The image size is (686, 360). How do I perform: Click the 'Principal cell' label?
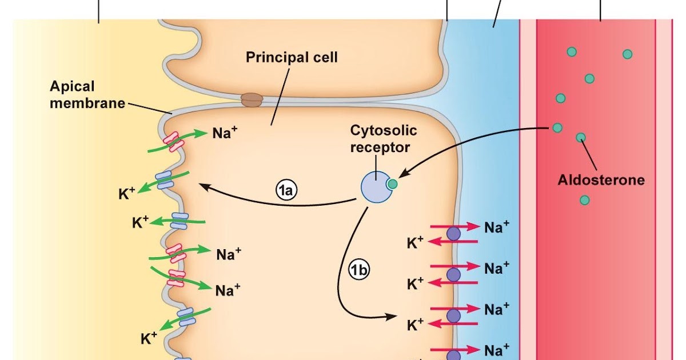coord(292,58)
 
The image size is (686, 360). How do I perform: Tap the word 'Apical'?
coord(72,87)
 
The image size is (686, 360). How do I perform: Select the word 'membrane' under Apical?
coord(87,103)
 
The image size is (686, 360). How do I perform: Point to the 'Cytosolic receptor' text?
coord(384,138)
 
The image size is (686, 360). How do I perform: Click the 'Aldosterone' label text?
coord(601,180)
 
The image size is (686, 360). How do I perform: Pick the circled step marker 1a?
coord(286,191)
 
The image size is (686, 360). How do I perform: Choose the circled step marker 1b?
coord(358,270)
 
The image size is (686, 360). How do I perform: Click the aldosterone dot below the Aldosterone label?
coord(584,199)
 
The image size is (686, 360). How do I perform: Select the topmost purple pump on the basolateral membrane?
coord(453,233)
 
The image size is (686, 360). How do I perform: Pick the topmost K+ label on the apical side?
coord(126,193)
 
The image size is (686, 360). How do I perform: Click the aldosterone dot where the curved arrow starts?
coord(557,127)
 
